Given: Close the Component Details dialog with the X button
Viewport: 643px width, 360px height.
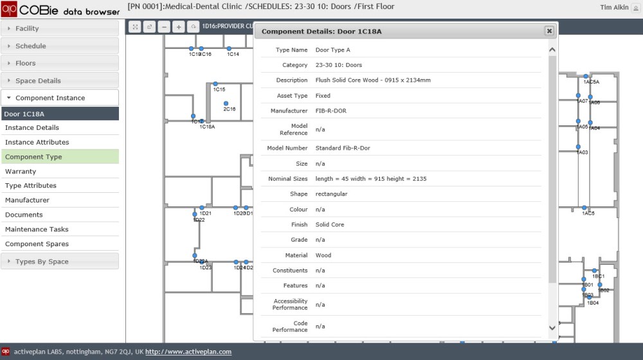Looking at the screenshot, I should coord(549,31).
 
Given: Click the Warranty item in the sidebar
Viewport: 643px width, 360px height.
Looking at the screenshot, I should coord(21,172).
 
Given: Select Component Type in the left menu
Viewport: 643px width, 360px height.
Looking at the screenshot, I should coord(33,157).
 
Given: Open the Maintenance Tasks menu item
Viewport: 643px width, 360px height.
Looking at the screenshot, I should coord(37,230).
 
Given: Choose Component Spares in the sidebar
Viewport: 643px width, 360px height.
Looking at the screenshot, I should coord(37,244).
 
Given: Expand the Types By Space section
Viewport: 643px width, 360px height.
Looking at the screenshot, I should coord(42,262).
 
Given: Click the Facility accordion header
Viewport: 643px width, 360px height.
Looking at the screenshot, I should coord(27,28).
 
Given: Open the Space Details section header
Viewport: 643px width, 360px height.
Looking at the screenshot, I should coord(38,81).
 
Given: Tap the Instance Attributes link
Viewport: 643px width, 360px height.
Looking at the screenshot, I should coord(37,143).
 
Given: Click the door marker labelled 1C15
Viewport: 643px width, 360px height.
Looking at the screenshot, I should coord(215,84).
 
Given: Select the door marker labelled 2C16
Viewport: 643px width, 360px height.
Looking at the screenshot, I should coord(226,104).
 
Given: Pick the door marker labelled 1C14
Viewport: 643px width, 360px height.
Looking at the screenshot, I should coord(229,49).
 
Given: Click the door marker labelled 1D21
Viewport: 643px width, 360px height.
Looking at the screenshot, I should coord(202,208).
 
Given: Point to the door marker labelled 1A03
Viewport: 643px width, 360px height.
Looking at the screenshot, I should coord(578,147).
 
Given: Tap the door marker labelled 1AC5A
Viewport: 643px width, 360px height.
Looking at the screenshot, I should coord(586,76).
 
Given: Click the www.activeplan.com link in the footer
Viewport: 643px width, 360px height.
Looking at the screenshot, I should coord(188,352).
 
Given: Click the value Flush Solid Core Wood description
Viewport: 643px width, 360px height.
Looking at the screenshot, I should coord(373,80).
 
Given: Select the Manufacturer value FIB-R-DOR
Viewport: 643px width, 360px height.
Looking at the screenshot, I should coord(331,111).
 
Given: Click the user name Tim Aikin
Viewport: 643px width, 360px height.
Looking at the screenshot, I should coord(613,8).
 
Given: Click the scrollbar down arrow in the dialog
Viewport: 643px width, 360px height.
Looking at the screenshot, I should coord(552,328).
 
